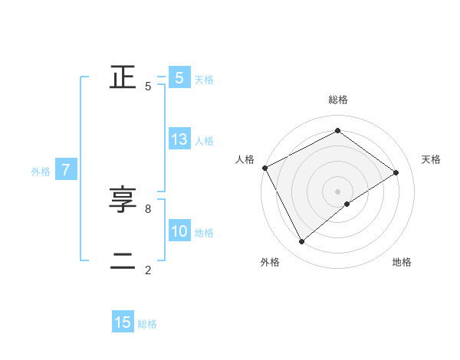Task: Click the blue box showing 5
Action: pyautogui.click(x=179, y=78)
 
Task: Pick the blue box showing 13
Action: pyautogui.click(x=179, y=140)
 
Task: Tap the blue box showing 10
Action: pyautogui.click(x=179, y=232)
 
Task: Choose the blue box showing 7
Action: pyautogui.click(x=67, y=171)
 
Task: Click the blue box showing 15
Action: pyautogui.click(x=123, y=322)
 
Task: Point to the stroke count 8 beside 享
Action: pyautogui.click(x=147, y=208)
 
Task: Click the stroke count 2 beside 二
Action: pyautogui.click(x=147, y=270)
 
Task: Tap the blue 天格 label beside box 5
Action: pyautogui.click(x=204, y=80)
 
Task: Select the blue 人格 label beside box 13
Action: pyautogui.click(x=204, y=141)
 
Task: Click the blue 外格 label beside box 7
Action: pyautogui.click(x=41, y=172)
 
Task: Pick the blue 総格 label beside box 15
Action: pyautogui.click(x=147, y=324)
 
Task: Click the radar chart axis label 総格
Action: pyautogui.click(x=338, y=100)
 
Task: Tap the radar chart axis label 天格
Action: pyautogui.click(x=431, y=159)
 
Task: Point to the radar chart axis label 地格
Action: pyautogui.click(x=402, y=263)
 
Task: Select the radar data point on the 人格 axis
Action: pyautogui.click(x=264, y=168)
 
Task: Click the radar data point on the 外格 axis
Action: pyautogui.click(x=301, y=242)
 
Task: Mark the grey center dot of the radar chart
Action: pyautogui.click(x=337, y=191)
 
